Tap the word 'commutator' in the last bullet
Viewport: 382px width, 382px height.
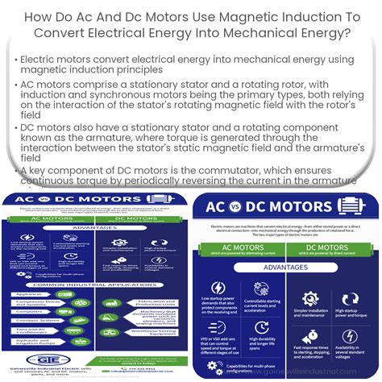click(172, 168)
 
